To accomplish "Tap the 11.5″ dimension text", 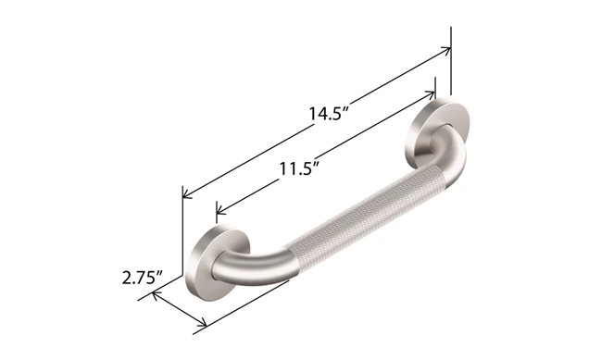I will [x=298, y=169].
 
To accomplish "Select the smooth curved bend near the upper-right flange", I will [x=453, y=157].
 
